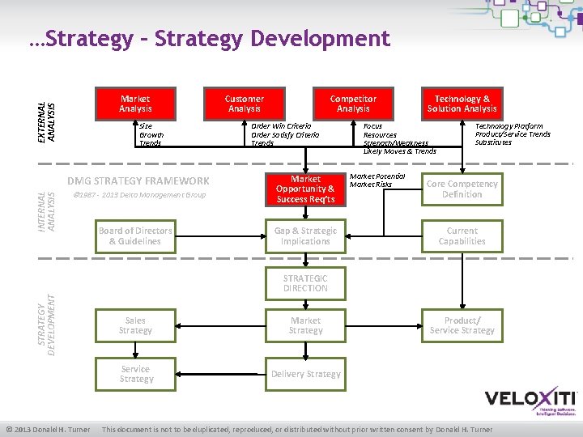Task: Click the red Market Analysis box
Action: point(135,104)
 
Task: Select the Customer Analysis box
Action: point(244,104)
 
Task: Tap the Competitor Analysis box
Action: point(353,104)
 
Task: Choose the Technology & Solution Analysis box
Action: point(462,104)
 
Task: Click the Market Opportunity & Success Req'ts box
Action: point(305,189)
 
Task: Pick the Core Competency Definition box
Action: point(462,189)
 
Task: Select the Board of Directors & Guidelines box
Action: point(135,235)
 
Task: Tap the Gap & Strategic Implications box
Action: point(305,235)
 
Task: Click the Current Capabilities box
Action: point(462,235)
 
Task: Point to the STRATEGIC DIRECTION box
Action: point(305,282)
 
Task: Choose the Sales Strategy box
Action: point(135,325)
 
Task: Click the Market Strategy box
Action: point(305,325)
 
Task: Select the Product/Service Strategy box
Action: point(462,325)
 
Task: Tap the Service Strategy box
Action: point(135,373)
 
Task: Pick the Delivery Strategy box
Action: point(305,373)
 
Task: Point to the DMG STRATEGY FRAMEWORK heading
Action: point(138,180)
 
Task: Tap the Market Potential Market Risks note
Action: point(377,180)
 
